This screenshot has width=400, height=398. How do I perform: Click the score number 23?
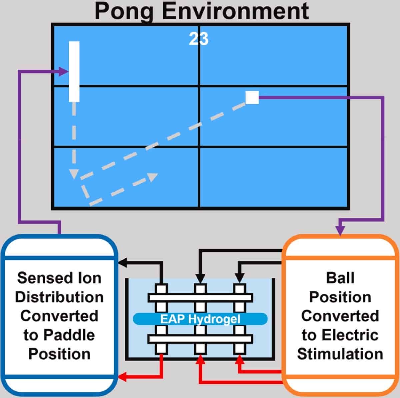click(x=199, y=39)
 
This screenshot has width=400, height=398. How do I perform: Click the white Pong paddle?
click(x=74, y=71)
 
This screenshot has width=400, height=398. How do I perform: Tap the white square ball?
click(x=252, y=97)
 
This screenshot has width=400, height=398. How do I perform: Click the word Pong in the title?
click(x=124, y=11)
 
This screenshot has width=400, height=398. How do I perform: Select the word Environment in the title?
click(x=236, y=11)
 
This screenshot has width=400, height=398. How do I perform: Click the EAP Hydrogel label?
click(x=200, y=319)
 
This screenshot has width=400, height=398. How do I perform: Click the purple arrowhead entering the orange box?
click(x=340, y=230)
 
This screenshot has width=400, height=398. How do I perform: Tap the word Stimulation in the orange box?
click(x=340, y=354)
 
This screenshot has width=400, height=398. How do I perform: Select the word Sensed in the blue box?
click(x=39, y=278)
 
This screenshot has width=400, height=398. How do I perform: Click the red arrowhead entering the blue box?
click(x=122, y=377)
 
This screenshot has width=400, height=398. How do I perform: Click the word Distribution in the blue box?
click(x=59, y=297)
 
